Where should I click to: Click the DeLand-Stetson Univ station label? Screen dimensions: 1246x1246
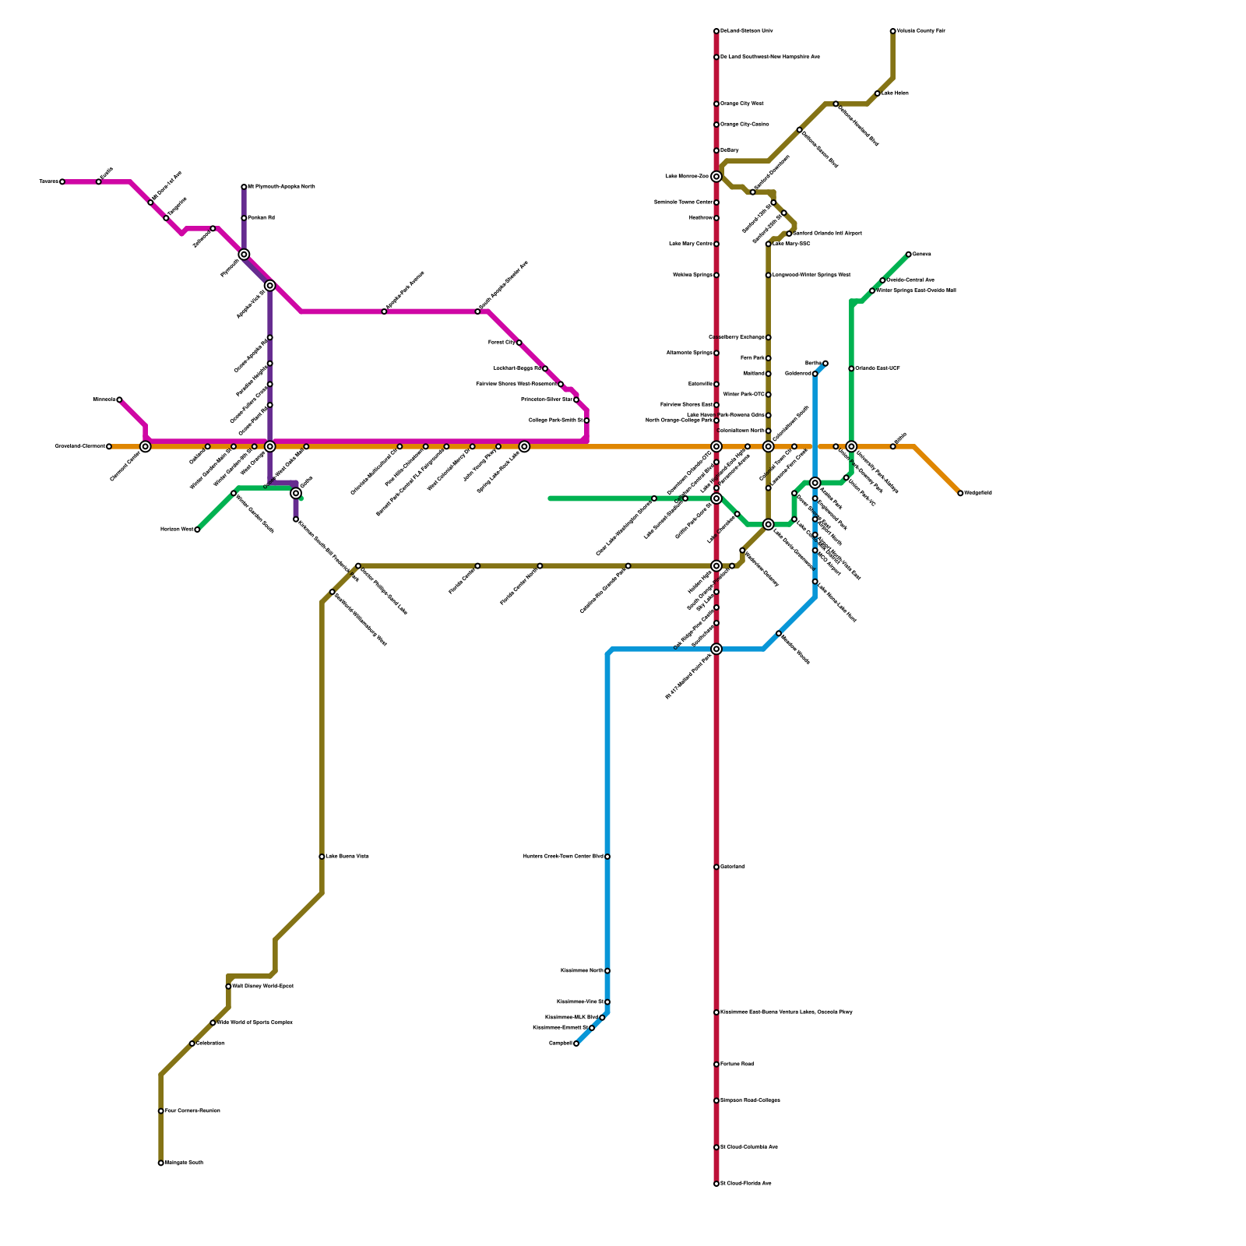coord(746,31)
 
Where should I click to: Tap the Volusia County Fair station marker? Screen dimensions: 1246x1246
coord(892,31)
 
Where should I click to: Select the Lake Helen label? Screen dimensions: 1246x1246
coord(895,93)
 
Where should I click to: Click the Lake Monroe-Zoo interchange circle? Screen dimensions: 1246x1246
coord(716,177)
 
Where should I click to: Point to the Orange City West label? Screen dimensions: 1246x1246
coord(741,104)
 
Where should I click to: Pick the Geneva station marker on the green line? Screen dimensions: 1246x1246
coord(908,255)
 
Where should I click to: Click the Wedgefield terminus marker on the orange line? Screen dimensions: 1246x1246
coord(960,493)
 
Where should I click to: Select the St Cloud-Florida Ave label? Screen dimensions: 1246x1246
coord(745,1184)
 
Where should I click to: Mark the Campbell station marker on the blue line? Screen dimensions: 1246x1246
coord(576,1044)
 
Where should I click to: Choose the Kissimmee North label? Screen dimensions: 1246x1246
coord(582,971)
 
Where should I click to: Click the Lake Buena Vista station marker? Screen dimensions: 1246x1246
coord(322,857)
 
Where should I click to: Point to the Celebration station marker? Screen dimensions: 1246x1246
coord(192,1044)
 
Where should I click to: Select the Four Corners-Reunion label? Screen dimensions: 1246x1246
coord(192,1111)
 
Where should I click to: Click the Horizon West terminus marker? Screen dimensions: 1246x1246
coord(197,530)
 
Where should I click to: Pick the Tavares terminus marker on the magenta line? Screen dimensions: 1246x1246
coord(62,182)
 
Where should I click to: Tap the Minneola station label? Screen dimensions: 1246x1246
coord(104,399)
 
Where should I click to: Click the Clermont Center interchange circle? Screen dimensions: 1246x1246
coord(145,446)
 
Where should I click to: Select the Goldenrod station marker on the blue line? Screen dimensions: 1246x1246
coord(815,374)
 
